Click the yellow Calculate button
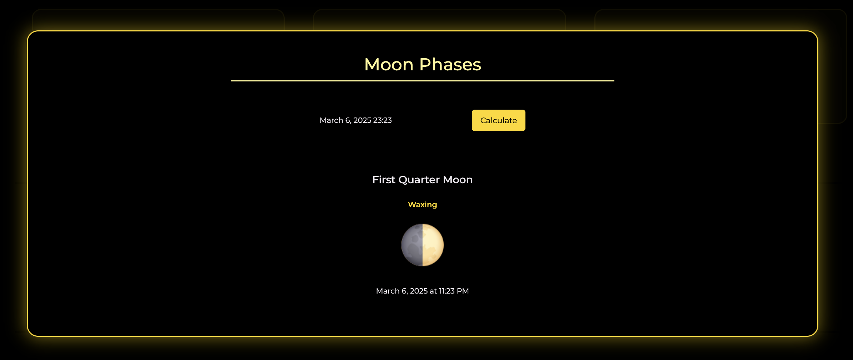pyautogui.click(x=498, y=120)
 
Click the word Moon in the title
pyautogui.click(x=389, y=65)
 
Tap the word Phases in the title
pyautogui.click(x=450, y=65)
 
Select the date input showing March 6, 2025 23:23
pyautogui.click(x=390, y=120)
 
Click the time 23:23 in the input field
pyautogui.click(x=382, y=120)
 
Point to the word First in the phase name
pyautogui.click(x=384, y=180)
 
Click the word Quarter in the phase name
pyautogui.click(x=419, y=180)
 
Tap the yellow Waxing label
pyautogui.click(x=423, y=205)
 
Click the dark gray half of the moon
pyautogui.click(x=412, y=245)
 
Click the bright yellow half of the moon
pyautogui.click(x=433, y=245)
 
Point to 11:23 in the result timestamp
pyautogui.click(x=447, y=291)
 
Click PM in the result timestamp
pyautogui.click(x=463, y=291)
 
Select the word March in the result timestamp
pyautogui.click(x=388, y=291)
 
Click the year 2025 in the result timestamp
pyautogui.click(x=419, y=291)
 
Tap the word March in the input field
pyautogui.click(x=331, y=120)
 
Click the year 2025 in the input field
pyautogui.click(x=362, y=120)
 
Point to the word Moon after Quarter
pyautogui.click(x=458, y=180)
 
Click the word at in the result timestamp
pyautogui.click(x=433, y=291)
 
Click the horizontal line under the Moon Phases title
pyautogui.click(x=423, y=81)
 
